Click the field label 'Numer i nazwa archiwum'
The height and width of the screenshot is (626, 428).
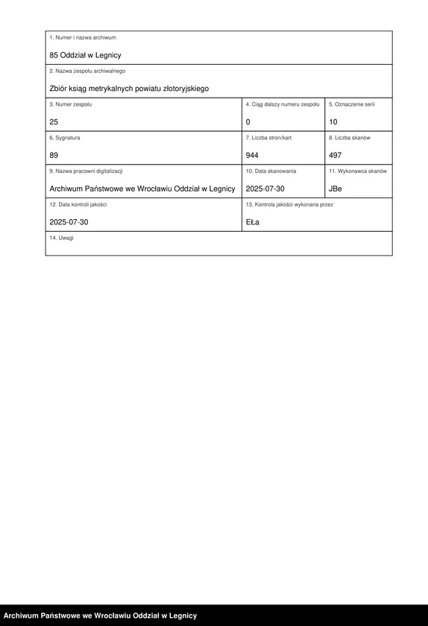83,37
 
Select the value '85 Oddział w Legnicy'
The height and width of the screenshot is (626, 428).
85,55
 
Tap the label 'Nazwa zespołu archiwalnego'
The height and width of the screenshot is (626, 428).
87,71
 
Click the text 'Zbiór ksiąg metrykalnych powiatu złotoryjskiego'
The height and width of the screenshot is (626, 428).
129,89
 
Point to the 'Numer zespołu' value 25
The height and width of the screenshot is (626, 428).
54,121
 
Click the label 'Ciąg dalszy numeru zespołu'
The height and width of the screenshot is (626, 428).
283,104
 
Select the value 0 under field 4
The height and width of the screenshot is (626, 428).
248,121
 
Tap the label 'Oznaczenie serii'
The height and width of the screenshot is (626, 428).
352,104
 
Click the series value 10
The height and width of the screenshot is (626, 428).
333,121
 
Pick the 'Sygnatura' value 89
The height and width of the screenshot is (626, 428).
54,155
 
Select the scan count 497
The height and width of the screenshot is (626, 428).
336,155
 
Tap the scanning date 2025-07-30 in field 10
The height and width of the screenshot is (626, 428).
265,189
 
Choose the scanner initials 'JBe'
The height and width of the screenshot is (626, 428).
336,189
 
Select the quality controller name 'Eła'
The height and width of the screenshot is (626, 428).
253,222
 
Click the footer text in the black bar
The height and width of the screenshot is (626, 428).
100,616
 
